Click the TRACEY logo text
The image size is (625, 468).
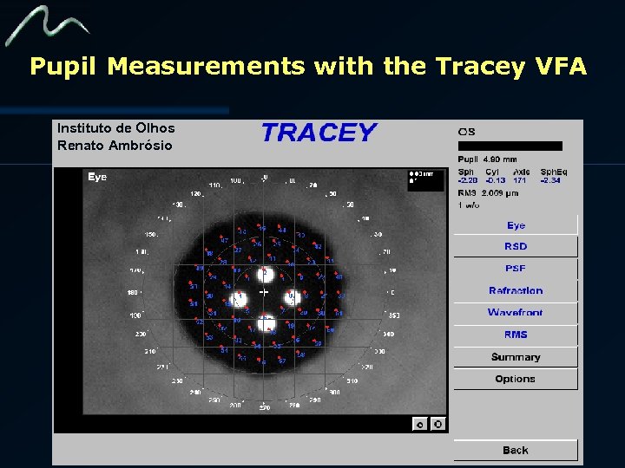point(319,133)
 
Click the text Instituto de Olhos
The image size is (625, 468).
point(115,128)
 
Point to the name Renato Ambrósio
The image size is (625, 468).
point(115,146)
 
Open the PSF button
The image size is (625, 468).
point(516,269)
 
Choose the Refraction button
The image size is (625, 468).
point(516,291)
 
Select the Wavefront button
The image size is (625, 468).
point(516,313)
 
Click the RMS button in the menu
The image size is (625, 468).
point(516,335)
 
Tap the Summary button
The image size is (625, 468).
point(516,357)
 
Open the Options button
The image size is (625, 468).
point(516,379)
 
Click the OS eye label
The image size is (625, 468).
point(466,132)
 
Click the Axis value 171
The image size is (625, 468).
point(519,180)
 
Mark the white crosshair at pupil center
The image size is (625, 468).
point(263,293)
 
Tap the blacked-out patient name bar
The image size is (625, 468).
point(510,146)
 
